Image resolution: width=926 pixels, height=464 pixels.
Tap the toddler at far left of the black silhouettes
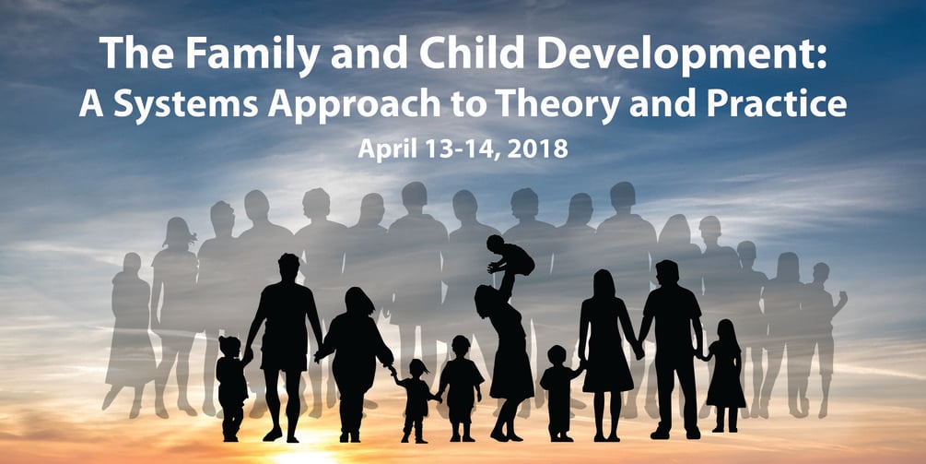(230, 383)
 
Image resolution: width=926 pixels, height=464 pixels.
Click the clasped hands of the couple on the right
(638, 351)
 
